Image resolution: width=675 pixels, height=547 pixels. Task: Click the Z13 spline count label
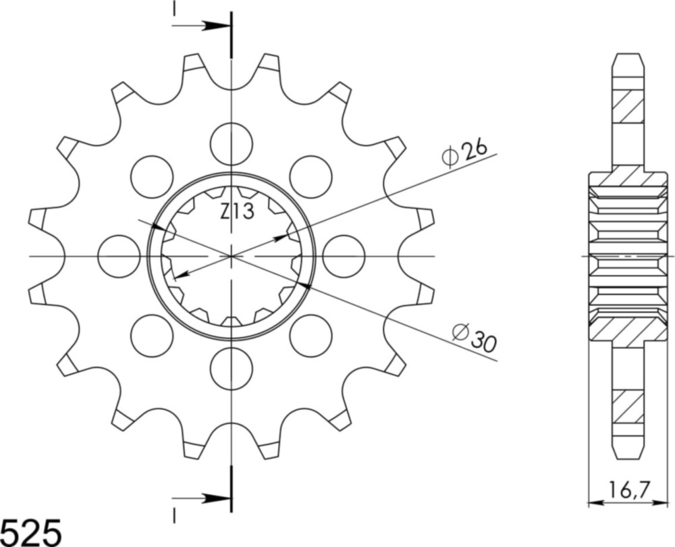(x=237, y=213)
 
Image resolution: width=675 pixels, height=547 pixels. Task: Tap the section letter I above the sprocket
(x=174, y=8)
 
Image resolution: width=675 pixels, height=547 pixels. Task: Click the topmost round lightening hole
(x=231, y=144)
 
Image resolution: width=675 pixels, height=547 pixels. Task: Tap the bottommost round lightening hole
(x=231, y=369)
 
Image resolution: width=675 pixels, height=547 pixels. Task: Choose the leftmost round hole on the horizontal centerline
(x=119, y=257)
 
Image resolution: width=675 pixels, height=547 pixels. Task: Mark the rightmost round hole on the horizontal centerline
(x=344, y=257)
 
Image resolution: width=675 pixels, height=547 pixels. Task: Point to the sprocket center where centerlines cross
(x=232, y=257)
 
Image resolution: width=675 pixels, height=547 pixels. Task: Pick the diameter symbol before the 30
(x=460, y=332)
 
